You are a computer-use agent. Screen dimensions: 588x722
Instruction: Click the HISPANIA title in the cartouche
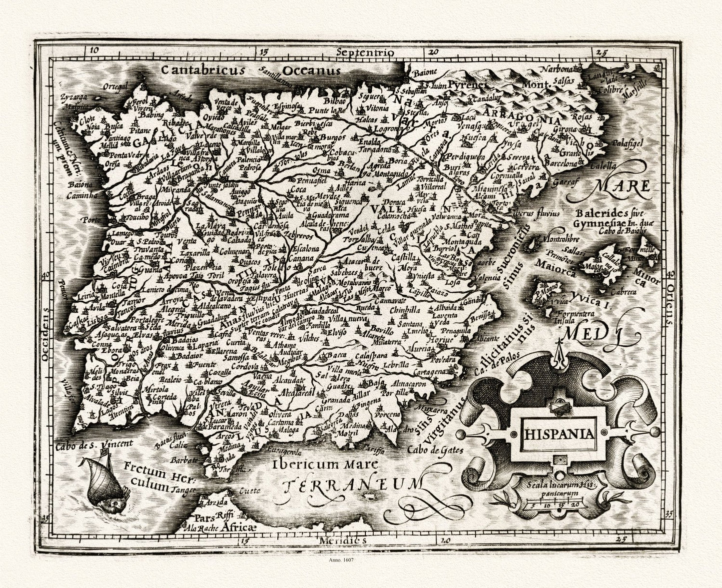click(x=559, y=433)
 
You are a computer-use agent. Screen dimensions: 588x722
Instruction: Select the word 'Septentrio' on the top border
click(x=365, y=52)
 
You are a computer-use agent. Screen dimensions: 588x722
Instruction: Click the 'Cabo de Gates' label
click(x=435, y=450)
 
